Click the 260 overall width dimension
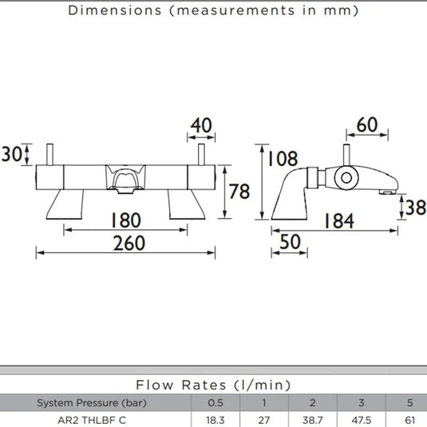[x=129, y=243]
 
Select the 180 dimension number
[x=126, y=220]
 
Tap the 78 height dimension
[x=239, y=192]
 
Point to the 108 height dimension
[x=283, y=159]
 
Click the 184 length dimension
[x=339, y=221]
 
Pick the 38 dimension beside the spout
[x=415, y=208]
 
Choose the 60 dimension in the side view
[x=367, y=125]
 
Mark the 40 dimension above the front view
[x=201, y=125]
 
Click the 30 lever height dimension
[x=11, y=154]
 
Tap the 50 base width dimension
[x=290, y=242]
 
